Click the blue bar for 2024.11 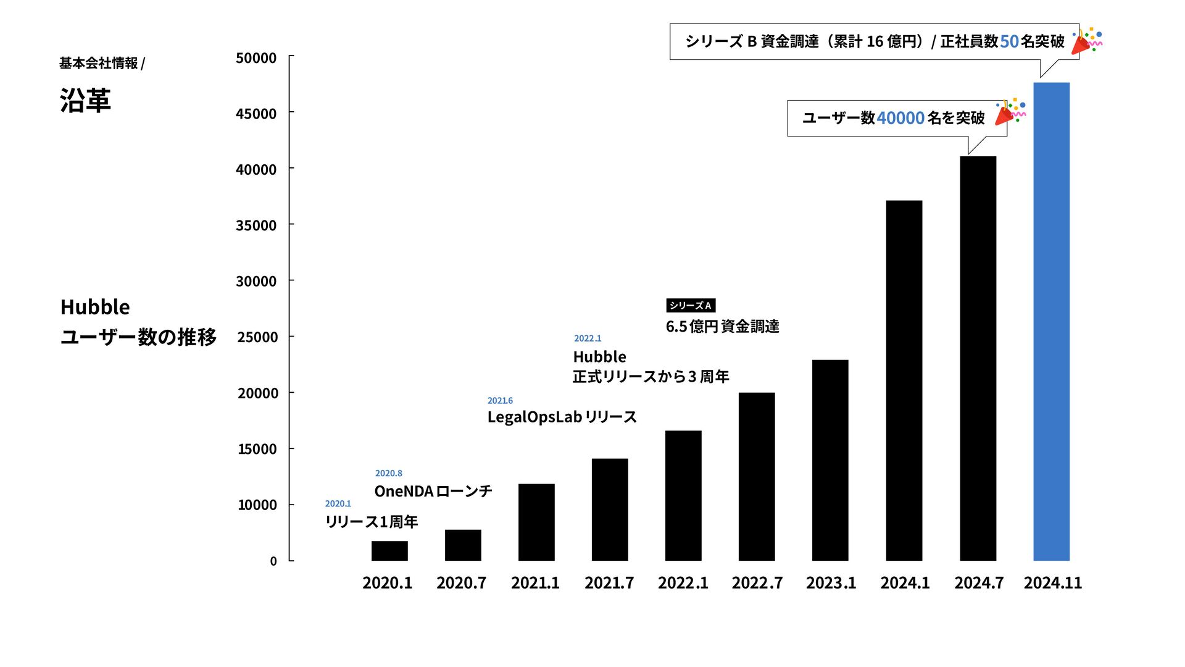tap(1051, 321)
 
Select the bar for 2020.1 tap(389, 551)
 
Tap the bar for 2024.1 tap(904, 380)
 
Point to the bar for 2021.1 tap(536, 522)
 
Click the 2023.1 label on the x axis tap(831, 583)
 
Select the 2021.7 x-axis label tap(609, 583)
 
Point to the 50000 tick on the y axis tap(256, 58)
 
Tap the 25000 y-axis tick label tap(257, 337)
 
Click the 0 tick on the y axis tap(273, 561)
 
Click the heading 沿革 tap(85, 101)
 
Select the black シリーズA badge tap(691, 306)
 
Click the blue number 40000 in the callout tap(900, 118)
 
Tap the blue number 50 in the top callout tap(1009, 41)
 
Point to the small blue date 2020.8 tap(389, 474)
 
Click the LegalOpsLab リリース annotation tap(562, 417)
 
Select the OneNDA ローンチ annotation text tap(433, 492)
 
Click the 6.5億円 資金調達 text tap(722, 327)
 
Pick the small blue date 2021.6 tap(500, 401)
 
